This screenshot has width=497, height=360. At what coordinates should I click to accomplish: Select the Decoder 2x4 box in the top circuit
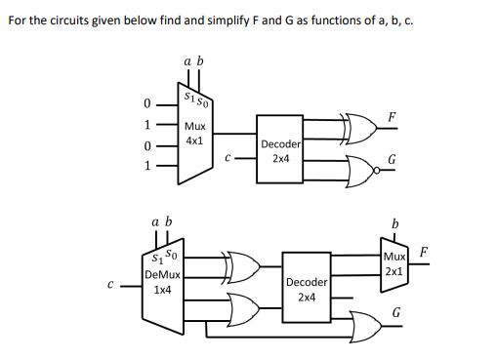(280, 149)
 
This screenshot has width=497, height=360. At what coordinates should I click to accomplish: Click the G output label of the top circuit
(392, 160)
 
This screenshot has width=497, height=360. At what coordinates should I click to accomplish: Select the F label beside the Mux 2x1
(425, 252)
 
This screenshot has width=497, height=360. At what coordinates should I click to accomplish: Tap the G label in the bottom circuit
(395, 312)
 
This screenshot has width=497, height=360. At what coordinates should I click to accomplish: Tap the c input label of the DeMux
(111, 286)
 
